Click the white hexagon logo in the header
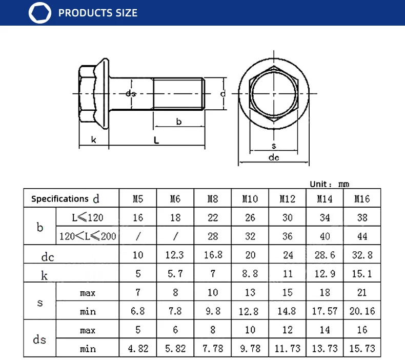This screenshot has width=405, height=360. coord(40,13)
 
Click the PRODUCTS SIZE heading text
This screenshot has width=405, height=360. coord(98,13)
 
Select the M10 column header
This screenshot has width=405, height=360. coord(250,199)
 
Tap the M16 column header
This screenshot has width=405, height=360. coord(362,199)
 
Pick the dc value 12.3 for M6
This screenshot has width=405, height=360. coord(175,255)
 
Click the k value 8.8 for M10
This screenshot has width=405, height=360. coord(250,274)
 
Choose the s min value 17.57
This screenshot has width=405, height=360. coord(325,311)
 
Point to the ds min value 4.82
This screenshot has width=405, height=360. coord(138,349)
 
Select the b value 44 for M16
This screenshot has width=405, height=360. coord(362,236)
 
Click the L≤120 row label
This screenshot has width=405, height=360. coord(88,217)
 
